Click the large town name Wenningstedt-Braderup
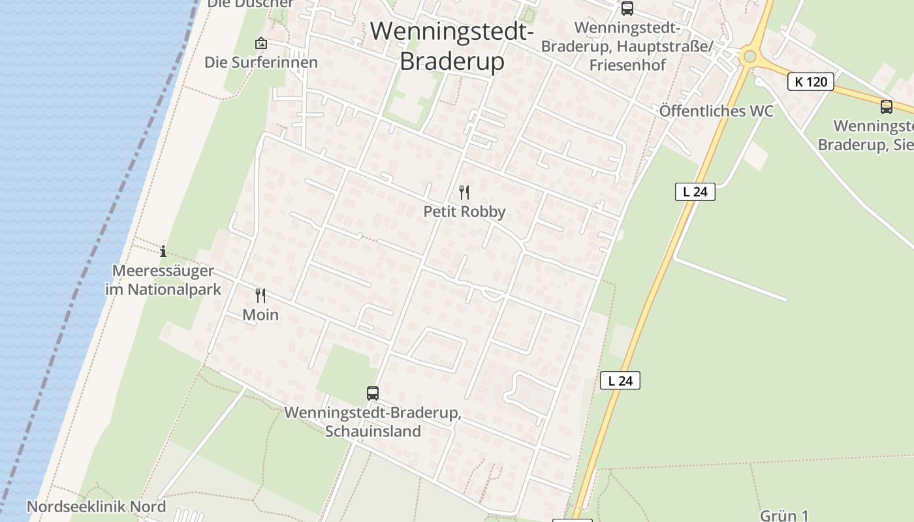452,46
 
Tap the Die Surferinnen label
261,63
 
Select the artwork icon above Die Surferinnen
261,44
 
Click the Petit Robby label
464,212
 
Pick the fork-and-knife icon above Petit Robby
464,192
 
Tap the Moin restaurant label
260,315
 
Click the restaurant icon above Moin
260,296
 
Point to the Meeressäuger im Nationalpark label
163,280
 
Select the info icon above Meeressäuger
163,251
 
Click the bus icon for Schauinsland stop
373,393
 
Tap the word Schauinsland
373,431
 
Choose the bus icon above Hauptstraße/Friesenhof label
627,8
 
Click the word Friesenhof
627,65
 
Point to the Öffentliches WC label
716,111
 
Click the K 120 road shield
811,82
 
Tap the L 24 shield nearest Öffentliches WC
695,192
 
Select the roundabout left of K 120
749,56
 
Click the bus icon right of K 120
886,106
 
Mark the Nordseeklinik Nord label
96,507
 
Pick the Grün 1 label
784,515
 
